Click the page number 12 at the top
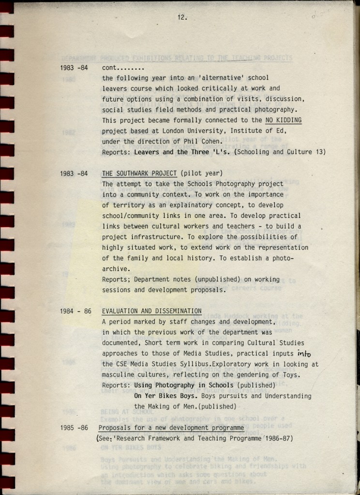tap(182, 17)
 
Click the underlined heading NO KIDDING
tap(284, 120)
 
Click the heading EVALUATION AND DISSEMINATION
tap(151, 311)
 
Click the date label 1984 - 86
tap(75, 311)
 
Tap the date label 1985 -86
tap(74, 428)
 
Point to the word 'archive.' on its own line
tap(116, 269)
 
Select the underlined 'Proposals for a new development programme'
tap(171, 428)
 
